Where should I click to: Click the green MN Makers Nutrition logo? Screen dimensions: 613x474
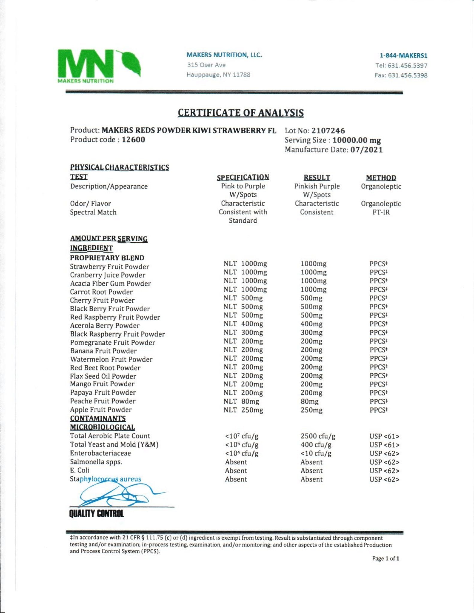click(99, 66)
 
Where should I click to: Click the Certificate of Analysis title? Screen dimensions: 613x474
click(240, 113)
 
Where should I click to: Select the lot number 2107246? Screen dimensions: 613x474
click(328, 131)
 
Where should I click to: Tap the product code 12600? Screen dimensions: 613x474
click(133, 140)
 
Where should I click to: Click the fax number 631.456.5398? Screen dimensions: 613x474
click(408, 75)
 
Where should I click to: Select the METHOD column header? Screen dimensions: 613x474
click(381, 178)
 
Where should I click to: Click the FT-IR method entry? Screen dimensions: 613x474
click(381, 212)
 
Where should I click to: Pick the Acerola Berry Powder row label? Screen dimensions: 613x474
click(105, 326)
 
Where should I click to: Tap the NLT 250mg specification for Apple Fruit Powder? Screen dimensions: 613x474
click(243, 410)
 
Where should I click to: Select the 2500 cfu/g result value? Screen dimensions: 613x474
click(318, 436)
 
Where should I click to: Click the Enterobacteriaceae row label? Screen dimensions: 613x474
click(100, 453)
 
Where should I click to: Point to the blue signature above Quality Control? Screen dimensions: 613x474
click(117, 495)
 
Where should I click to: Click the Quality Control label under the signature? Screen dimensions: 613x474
click(96, 514)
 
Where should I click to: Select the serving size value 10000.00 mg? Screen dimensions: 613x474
click(356, 140)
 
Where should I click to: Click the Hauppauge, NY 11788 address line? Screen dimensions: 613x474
click(218, 75)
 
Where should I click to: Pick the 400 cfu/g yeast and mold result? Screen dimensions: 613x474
click(316, 445)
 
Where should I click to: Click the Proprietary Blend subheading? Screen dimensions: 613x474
click(107, 258)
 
